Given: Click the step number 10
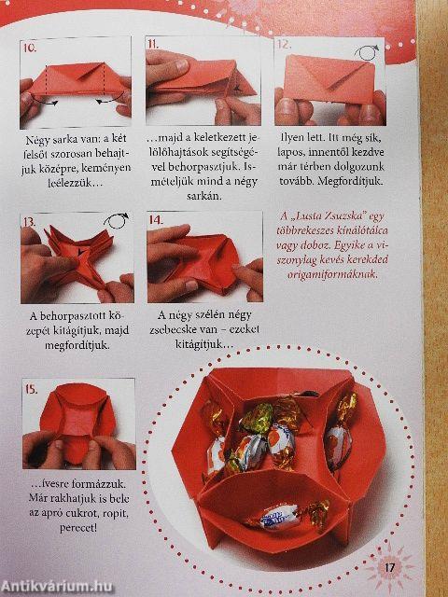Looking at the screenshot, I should pos(30,47).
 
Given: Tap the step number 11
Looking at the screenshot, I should pos(153,44).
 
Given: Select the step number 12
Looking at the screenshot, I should pos(284,44).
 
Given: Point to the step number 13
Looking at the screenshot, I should pos(30,222).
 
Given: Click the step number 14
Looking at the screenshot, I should pos(158,220).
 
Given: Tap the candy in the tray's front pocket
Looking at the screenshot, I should pos(280,512).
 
